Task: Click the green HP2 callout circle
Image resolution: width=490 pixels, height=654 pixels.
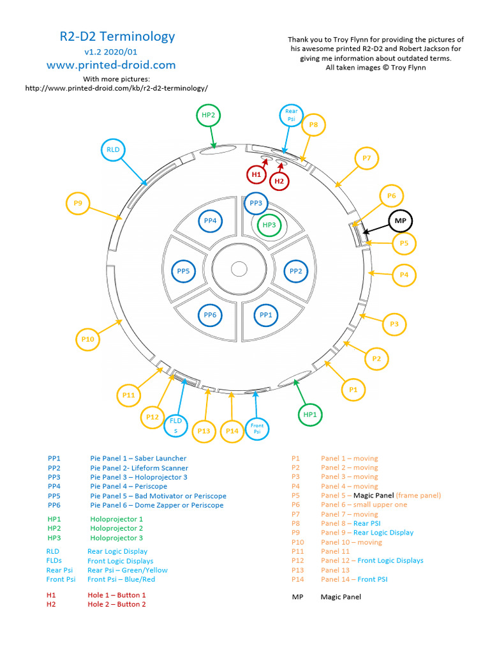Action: click(x=208, y=115)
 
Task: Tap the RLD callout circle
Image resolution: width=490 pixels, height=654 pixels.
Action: click(x=113, y=150)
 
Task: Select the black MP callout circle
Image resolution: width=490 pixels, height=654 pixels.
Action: click(x=401, y=221)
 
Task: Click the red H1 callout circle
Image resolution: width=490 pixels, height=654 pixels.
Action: click(x=256, y=174)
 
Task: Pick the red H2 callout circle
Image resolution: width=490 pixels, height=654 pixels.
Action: click(x=279, y=181)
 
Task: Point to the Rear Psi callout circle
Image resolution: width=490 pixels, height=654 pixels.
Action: click(x=291, y=115)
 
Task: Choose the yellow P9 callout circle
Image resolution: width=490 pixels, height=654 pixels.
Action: click(x=78, y=203)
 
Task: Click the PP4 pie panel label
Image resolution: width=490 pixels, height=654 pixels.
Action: click(x=211, y=221)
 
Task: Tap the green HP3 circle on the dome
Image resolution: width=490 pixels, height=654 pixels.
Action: click(x=269, y=225)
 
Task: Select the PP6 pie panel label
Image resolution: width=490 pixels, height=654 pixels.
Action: click(x=211, y=315)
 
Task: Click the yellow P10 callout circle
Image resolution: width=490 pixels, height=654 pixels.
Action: click(x=88, y=339)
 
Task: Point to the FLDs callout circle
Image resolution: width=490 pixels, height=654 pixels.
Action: click(x=175, y=425)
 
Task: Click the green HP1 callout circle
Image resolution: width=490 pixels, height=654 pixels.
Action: click(x=310, y=414)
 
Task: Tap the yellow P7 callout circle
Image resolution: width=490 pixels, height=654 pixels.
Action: click(x=366, y=158)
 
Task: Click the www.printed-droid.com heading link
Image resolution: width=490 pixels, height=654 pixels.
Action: click(x=111, y=65)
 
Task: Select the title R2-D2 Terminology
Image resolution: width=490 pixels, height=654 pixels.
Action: click(x=117, y=36)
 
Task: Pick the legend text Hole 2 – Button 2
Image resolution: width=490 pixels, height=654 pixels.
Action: click(x=117, y=604)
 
